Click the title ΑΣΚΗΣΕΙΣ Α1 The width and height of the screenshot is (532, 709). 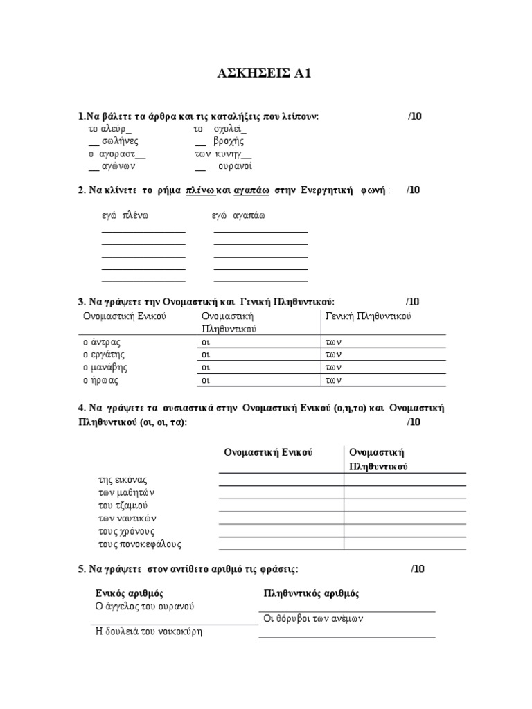267,73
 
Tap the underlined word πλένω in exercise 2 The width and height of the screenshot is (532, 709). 201,190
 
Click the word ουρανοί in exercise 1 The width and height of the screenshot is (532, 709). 236,166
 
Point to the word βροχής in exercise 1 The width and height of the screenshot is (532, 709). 229,141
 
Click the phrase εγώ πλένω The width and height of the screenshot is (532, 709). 125,216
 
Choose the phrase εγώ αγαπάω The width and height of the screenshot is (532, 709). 238,216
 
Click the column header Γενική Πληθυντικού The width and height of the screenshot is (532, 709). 369,316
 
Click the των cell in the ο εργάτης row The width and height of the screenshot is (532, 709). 335,354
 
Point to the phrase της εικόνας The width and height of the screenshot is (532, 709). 123,480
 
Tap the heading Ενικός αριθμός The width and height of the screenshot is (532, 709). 129,593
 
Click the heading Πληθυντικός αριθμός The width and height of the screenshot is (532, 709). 312,593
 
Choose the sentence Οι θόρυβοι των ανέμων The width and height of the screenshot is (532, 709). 314,619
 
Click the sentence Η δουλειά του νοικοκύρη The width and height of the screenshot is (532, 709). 148,631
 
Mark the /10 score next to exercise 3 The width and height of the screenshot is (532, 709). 413,302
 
